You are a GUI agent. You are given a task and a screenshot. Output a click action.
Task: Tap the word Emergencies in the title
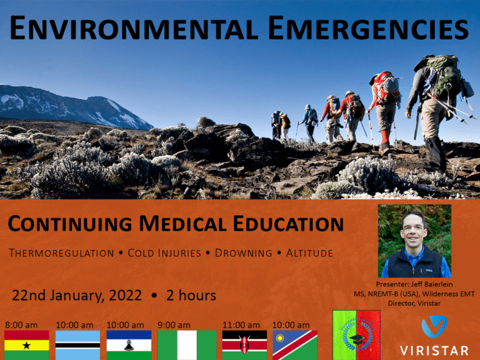[368, 28]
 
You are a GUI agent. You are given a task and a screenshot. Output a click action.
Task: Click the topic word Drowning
[243, 253]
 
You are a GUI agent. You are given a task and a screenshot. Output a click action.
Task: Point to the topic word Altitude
[309, 253]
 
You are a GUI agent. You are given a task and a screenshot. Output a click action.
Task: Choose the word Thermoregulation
[61, 253]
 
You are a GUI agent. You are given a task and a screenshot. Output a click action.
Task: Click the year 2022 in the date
[126, 296]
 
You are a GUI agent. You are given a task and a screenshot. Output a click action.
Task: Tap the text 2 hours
[191, 296]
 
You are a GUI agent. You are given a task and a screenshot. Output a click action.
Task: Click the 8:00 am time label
[21, 325]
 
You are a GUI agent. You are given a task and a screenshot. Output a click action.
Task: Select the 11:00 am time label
[241, 325]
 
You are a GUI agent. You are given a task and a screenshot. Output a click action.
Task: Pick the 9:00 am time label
[174, 325]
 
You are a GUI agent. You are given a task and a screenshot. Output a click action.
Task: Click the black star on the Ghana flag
[27, 346]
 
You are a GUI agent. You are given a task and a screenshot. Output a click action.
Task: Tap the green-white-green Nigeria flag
[187, 345]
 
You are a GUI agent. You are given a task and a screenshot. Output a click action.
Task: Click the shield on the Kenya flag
[244, 345]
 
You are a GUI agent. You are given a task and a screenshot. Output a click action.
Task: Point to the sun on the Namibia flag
[280, 338]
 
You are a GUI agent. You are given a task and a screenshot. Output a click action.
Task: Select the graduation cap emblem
[357, 339]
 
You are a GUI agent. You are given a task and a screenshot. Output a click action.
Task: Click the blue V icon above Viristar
[434, 326]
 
